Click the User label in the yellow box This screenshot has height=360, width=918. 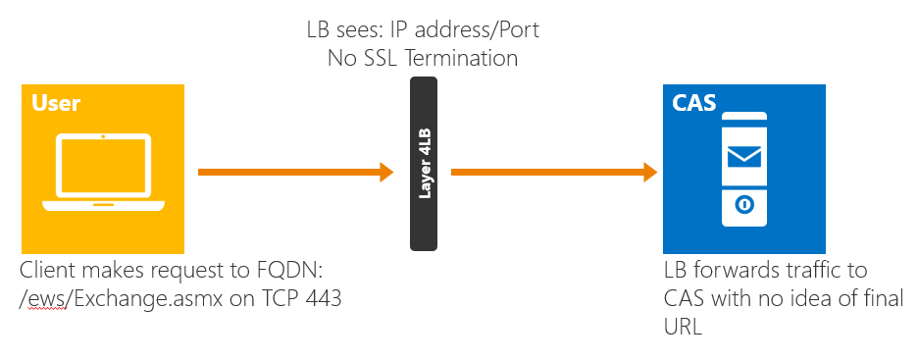click(56, 102)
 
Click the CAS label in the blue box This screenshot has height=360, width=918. click(694, 102)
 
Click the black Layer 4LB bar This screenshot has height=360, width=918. click(424, 166)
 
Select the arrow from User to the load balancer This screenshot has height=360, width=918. click(294, 173)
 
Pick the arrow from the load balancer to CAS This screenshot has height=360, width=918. click(553, 173)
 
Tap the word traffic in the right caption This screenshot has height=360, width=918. click(826, 271)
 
